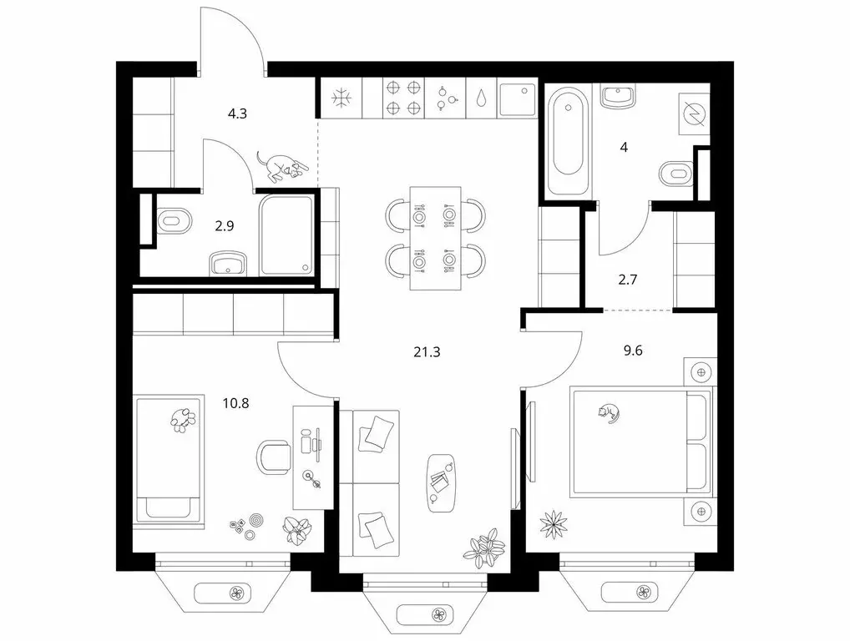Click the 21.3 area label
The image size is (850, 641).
[x=427, y=352]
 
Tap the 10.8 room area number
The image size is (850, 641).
[x=235, y=403]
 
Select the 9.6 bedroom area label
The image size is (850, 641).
[x=633, y=351]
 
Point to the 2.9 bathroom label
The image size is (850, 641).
[x=225, y=226]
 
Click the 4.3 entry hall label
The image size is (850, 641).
[x=237, y=114]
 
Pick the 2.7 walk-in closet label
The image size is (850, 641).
[x=627, y=280]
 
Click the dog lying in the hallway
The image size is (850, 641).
[x=279, y=165]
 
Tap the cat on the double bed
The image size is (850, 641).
[x=608, y=413]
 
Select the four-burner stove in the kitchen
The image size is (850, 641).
[x=403, y=98]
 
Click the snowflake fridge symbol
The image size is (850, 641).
[x=342, y=98]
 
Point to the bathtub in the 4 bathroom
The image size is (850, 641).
[x=568, y=141]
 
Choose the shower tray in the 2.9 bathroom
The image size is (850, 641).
[x=286, y=235]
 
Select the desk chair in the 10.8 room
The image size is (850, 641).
[x=274, y=457]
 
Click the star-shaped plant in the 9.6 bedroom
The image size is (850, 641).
[x=554, y=523]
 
